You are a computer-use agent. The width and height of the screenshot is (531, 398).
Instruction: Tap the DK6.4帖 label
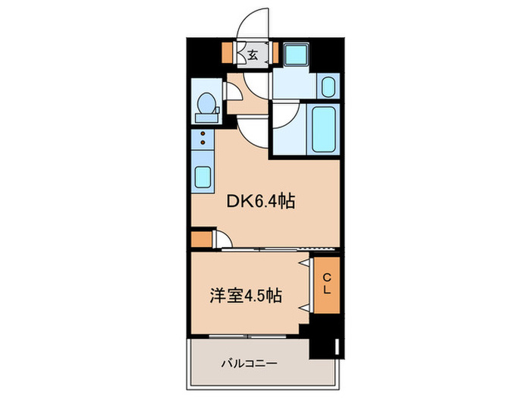click(x=262, y=201)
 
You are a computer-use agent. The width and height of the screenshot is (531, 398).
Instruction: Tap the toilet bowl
click(x=205, y=103)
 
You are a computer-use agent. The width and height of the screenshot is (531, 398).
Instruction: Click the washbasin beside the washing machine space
click(x=328, y=86)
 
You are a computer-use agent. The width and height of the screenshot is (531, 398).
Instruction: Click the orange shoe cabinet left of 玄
click(x=227, y=53)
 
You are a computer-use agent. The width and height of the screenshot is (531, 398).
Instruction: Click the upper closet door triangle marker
click(x=305, y=262)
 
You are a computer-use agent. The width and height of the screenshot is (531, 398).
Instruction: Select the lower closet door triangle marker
click(x=305, y=308)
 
